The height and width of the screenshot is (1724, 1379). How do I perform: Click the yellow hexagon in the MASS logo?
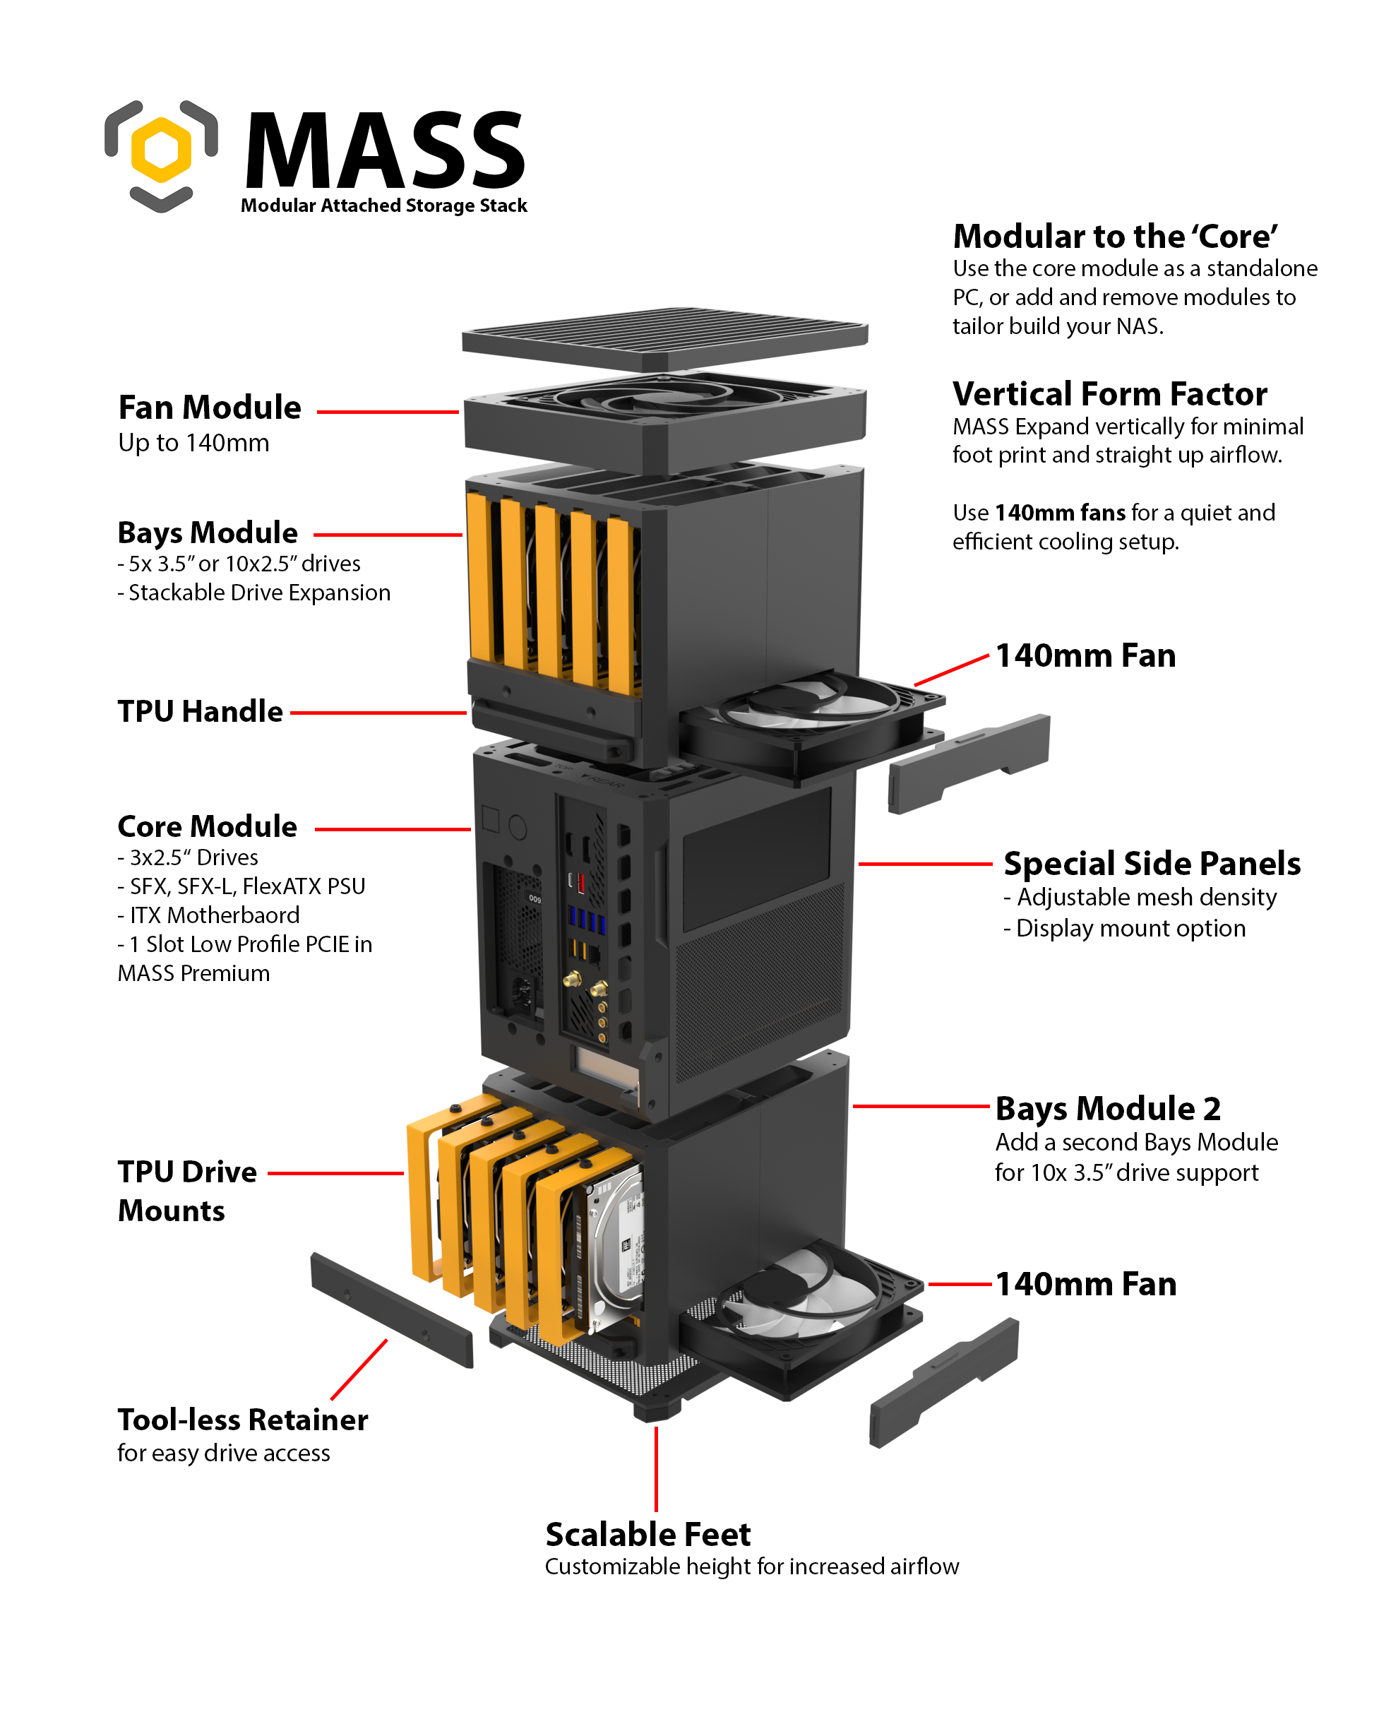[161, 150]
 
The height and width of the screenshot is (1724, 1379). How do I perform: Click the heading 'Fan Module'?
[210, 408]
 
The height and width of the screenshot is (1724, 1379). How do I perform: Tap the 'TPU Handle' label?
[200, 712]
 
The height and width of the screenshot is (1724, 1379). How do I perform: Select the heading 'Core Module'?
[207, 826]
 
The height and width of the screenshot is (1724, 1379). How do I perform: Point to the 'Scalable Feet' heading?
[647, 1535]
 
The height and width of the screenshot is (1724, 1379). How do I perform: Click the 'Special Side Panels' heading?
[1151, 864]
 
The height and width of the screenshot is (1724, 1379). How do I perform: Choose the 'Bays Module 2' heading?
[1107, 1109]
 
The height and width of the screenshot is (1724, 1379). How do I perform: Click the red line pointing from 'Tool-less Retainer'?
[359, 1369]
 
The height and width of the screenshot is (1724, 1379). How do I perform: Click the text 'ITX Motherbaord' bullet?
[208, 915]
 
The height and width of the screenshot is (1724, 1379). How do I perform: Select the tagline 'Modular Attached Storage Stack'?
[383, 206]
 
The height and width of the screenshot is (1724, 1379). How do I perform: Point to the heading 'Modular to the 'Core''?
[1114, 237]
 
